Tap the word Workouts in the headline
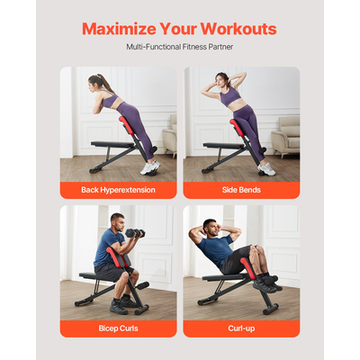[x=238, y=27]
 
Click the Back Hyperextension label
[x=117, y=190]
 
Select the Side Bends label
[x=241, y=190]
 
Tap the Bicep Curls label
[x=117, y=328]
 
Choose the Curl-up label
[x=241, y=328]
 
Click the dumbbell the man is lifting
[x=135, y=234]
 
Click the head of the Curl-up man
[x=209, y=228]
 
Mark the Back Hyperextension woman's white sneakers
[x=149, y=167]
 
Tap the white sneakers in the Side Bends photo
[x=266, y=168]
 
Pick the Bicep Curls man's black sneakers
[x=118, y=306]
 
